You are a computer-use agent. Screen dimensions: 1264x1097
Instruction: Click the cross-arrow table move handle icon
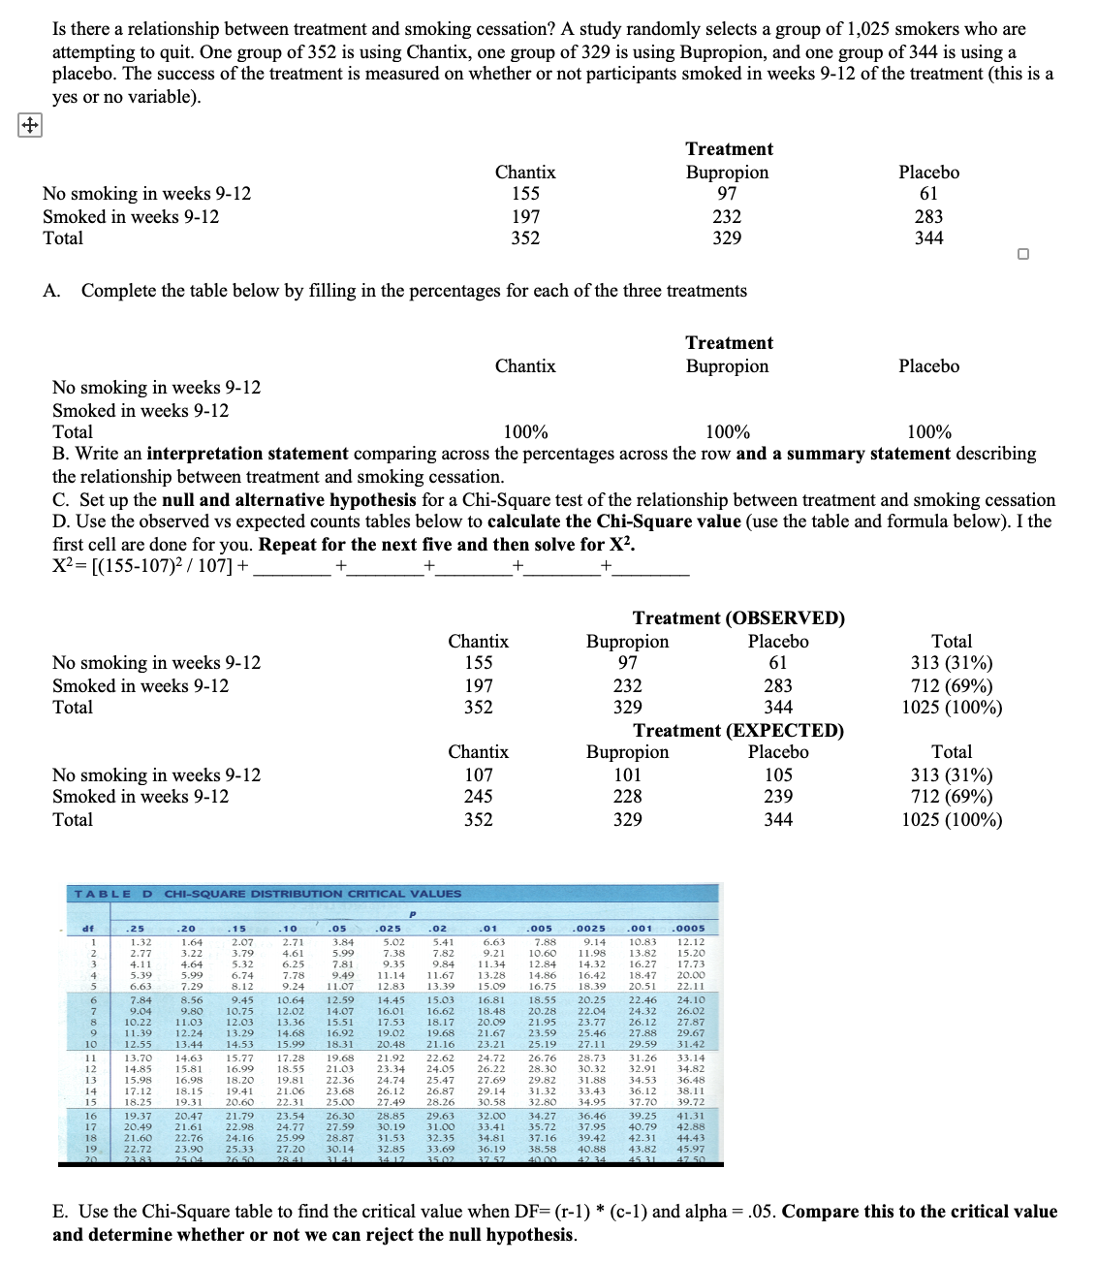[x=30, y=125]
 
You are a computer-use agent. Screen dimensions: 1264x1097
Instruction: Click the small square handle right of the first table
[x=1023, y=254]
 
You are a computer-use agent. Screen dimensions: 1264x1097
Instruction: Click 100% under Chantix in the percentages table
[x=525, y=432]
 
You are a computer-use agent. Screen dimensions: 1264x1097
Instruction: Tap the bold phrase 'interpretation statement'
[x=247, y=454]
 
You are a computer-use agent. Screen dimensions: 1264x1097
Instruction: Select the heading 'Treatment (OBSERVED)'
[x=737, y=618]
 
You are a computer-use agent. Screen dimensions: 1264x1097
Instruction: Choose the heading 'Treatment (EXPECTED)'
[x=737, y=730]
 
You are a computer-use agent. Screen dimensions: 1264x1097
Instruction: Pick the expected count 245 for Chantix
[x=478, y=797]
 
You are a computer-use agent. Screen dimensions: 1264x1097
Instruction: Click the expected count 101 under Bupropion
[x=627, y=774]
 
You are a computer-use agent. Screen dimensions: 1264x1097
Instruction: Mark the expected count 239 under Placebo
[x=777, y=797]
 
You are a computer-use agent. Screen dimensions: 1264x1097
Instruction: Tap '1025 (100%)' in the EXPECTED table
[x=951, y=820]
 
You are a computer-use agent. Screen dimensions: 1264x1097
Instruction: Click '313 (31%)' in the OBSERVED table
[x=951, y=663]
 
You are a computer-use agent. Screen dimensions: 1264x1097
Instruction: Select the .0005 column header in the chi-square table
[x=690, y=928]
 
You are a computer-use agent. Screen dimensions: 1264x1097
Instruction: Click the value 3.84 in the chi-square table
[x=342, y=941]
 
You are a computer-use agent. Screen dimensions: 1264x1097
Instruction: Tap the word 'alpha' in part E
[x=704, y=1212]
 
